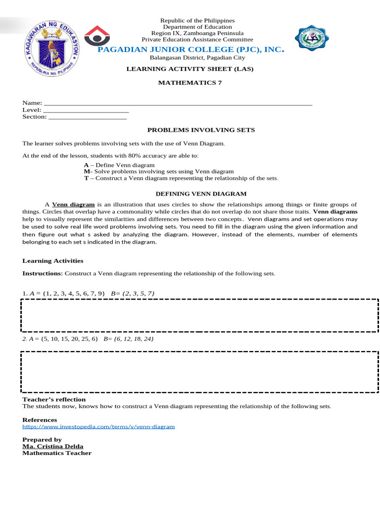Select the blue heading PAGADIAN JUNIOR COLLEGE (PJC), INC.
(x=190, y=50)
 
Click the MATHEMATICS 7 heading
(x=190, y=83)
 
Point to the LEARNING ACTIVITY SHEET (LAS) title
(x=190, y=69)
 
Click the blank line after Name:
(x=178, y=103)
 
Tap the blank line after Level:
(x=86, y=110)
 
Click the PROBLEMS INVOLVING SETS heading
(x=201, y=130)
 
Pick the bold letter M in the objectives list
(x=86, y=171)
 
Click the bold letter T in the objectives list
(x=86, y=178)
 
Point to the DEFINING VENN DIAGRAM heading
(x=201, y=194)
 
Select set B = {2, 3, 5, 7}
(x=133, y=294)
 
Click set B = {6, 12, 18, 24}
(x=129, y=339)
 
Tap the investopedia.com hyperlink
(x=98, y=426)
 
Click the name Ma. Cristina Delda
(x=53, y=446)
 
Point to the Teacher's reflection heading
(x=54, y=399)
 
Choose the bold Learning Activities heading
(x=53, y=260)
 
